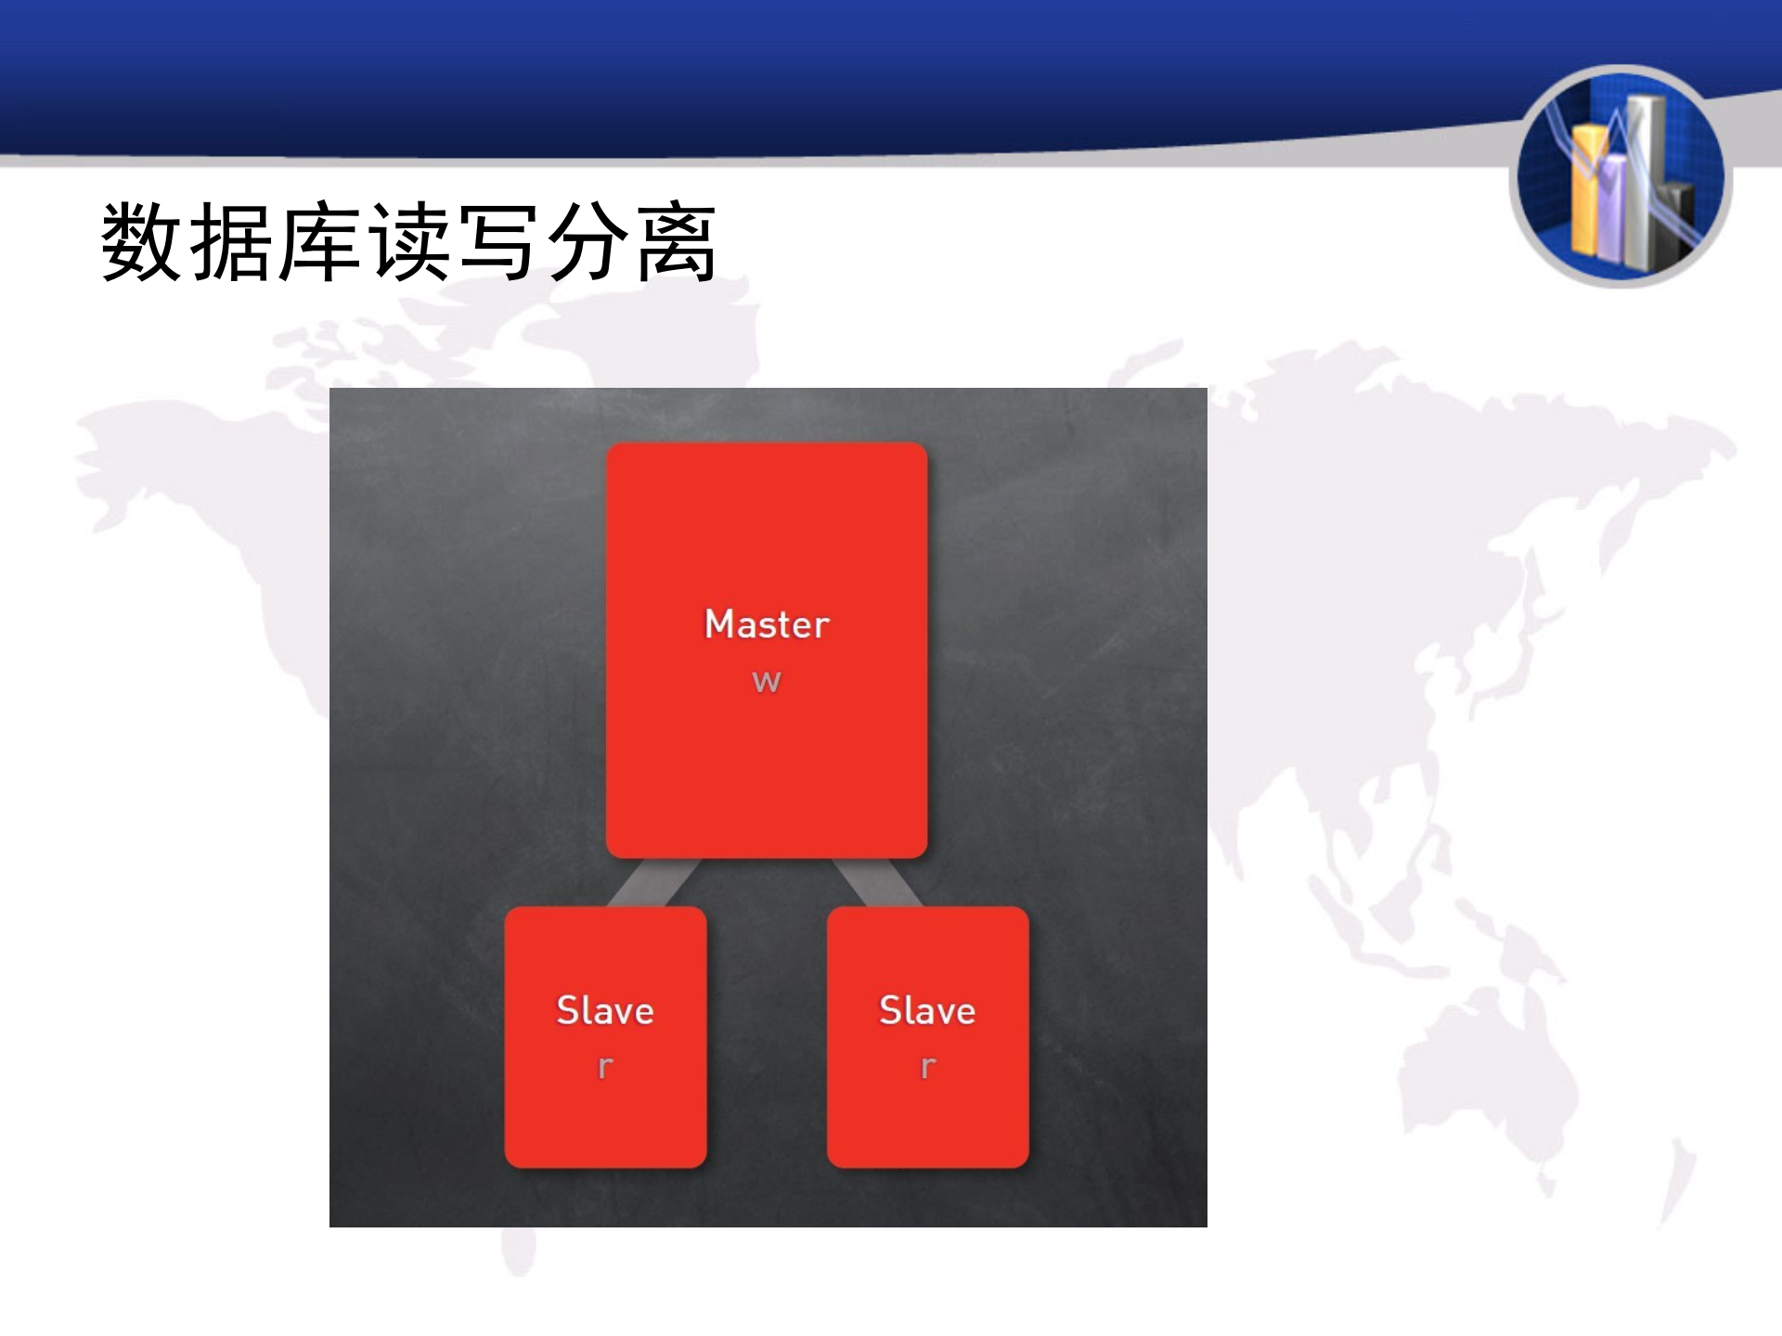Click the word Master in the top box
[767, 624]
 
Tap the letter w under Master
[767, 682]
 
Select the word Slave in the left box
[605, 1010]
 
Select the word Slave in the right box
[927, 1010]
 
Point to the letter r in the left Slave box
[605, 1067]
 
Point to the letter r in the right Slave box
[927, 1067]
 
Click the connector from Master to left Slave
[654, 882]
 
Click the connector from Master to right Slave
[876, 882]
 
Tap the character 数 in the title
[141, 243]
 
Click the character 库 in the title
[318, 243]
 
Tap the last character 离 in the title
[676, 243]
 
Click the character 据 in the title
[230, 243]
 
